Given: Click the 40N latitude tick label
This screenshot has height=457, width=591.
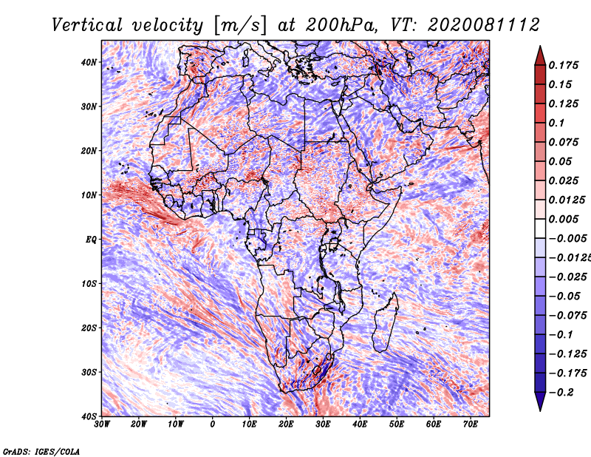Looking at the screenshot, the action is pyautogui.click(x=89, y=62).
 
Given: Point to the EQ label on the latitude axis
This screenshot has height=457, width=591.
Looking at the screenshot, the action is pyautogui.click(x=91, y=240).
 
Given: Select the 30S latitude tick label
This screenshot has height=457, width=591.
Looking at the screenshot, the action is pyautogui.click(x=89, y=372).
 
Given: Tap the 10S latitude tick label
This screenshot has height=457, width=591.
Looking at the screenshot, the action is pyautogui.click(x=89, y=284).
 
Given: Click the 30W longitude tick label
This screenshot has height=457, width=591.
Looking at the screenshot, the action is pyautogui.click(x=102, y=424).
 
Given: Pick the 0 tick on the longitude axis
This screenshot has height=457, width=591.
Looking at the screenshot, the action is pyautogui.click(x=213, y=424).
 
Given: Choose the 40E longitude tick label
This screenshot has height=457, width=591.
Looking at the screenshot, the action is pyautogui.click(x=360, y=424).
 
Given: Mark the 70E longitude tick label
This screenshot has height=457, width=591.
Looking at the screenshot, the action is pyautogui.click(x=471, y=424).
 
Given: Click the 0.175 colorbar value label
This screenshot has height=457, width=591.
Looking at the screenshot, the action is pyautogui.click(x=564, y=65).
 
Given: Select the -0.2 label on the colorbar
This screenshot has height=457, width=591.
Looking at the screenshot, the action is pyautogui.click(x=561, y=392).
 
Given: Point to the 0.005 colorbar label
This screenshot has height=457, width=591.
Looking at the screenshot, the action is pyautogui.click(x=564, y=219).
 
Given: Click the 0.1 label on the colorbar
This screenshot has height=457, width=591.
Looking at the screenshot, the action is pyautogui.click(x=556, y=123).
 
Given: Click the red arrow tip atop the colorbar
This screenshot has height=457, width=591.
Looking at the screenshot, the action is pyautogui.click(x=540, y=47).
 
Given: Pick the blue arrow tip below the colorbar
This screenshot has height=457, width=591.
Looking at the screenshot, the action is pyautogui.click(x=540, y=410).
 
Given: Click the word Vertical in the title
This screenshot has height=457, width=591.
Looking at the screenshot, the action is pyautogui.click(x=86, y=25).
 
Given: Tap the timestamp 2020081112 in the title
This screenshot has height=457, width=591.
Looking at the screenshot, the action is pyautogui.click(x=484, y=25).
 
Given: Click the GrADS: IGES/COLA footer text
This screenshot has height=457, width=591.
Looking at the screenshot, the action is pyautogui.click(x=41, y=451).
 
